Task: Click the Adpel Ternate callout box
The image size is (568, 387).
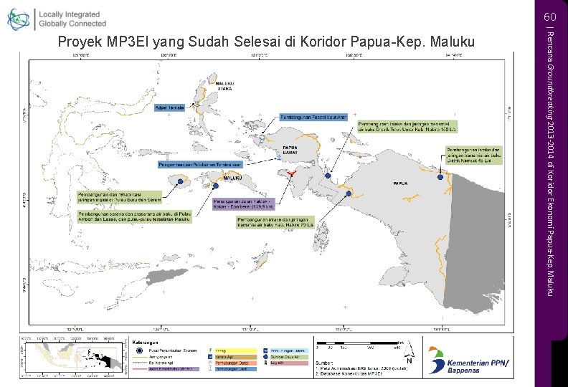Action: click(171, 107)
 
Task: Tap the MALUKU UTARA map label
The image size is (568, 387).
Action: click(216, 85)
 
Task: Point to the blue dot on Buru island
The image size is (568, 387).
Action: click(179, 182)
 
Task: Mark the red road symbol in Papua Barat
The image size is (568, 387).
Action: click(289, 174)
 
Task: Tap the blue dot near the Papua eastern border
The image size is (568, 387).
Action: click(440, 177)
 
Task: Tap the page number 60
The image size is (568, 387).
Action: click(549, 16)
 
